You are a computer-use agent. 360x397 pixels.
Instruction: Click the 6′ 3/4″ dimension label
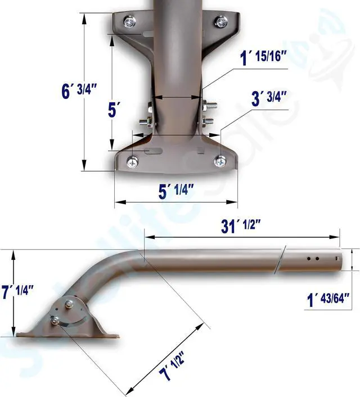point(79,91)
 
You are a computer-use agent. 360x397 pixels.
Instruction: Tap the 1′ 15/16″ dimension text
point(263,57)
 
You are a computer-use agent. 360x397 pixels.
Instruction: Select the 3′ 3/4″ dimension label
point(269,98)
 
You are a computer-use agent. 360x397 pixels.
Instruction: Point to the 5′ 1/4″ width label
point(176,191)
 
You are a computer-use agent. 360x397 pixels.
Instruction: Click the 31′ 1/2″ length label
point(241,225)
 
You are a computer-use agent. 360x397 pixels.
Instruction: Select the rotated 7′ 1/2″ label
point(171,367)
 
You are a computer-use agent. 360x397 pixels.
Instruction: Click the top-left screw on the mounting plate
point(129,22)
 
